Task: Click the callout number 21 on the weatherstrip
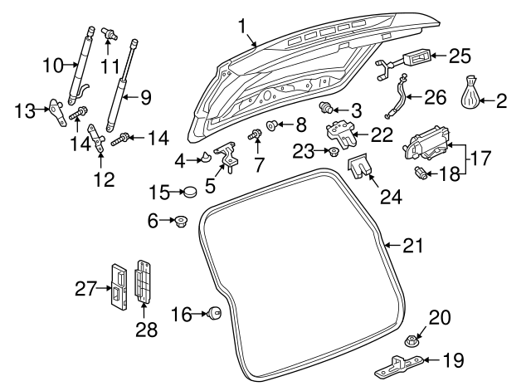point(412,245)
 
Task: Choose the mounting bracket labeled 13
point(56,112)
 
